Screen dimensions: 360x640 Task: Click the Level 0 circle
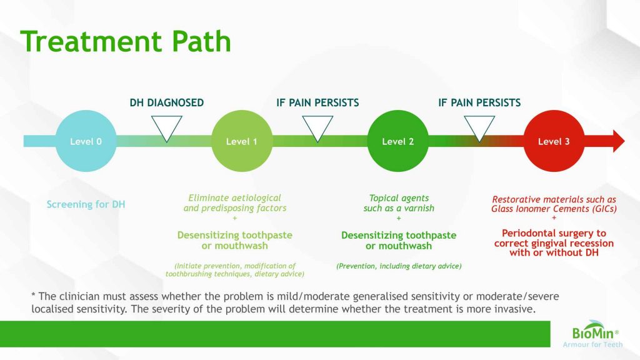point(86,142)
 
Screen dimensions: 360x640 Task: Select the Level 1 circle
point(242,142)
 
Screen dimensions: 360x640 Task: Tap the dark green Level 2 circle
point(398,142)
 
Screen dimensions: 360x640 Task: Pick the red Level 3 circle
point(554,142)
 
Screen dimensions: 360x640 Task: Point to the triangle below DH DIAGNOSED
point(167,127)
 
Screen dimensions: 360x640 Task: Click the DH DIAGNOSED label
point(167,102)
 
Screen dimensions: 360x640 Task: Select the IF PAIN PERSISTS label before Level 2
point(317,102)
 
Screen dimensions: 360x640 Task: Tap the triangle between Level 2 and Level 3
point(479,127)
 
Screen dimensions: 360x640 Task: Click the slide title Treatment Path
point(126,42)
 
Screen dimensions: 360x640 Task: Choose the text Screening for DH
point(86,204)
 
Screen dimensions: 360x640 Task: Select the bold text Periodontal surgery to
point(554,233)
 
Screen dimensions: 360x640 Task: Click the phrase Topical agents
point(399,198)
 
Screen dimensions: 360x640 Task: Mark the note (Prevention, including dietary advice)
point(399,266)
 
